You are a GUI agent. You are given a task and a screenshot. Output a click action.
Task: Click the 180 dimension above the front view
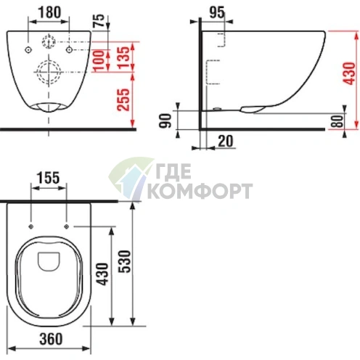point(49,12)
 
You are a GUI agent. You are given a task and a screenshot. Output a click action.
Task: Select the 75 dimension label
point(99,20)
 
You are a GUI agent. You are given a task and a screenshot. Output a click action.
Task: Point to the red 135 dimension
point(124,57)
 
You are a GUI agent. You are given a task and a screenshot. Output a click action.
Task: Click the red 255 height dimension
point(123,99)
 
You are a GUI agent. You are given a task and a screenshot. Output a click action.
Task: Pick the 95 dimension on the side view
point(217,12)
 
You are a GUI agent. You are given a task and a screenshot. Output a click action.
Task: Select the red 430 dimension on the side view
point(349,73)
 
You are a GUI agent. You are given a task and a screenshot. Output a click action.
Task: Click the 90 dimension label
point(165,120)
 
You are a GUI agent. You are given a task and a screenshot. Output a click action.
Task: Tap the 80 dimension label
point(337,121)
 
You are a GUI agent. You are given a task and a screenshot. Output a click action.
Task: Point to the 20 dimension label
point(226,141)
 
